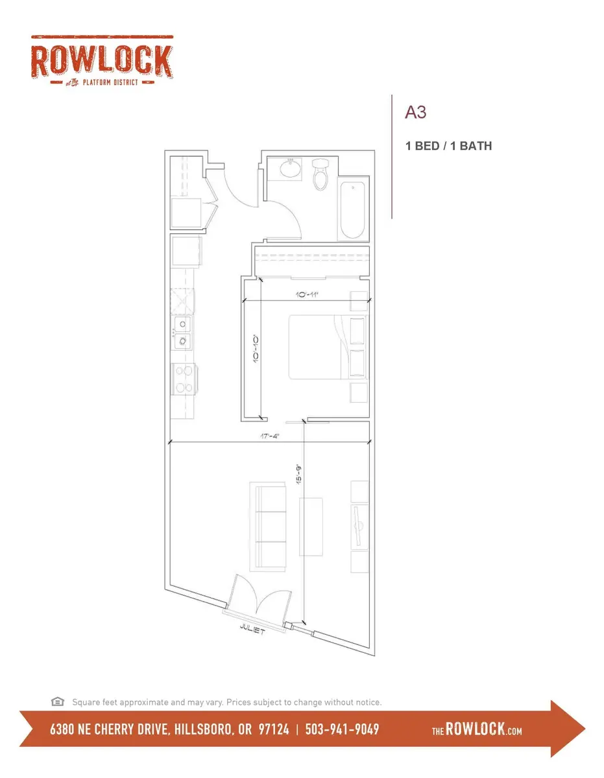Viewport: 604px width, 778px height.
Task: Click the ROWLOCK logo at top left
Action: tap(102, 61)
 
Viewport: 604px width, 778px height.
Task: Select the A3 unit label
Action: tap(415, 112)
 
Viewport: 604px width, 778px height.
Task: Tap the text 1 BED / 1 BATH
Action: tap(448, 146)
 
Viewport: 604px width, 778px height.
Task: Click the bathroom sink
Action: tap(291, 169)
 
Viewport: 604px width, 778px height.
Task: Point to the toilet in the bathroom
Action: tap(320, 174)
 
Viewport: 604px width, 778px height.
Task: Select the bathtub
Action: tap(352, 211)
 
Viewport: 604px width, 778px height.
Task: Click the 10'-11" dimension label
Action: tap(307, 294)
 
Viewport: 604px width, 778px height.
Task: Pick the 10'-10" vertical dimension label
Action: tap(256, 349)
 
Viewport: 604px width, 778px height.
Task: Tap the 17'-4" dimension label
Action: tap(269, 436)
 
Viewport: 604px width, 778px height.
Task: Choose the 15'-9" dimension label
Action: tap(299, 475)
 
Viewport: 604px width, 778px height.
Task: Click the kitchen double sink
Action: tap(182, 333)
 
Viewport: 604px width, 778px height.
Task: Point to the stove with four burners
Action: tap(184, 379)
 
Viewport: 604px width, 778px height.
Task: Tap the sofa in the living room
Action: tap(267, 526)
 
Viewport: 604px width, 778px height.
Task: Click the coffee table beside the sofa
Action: tap(311, 526)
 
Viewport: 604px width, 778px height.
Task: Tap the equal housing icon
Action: tap(58, 701)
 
